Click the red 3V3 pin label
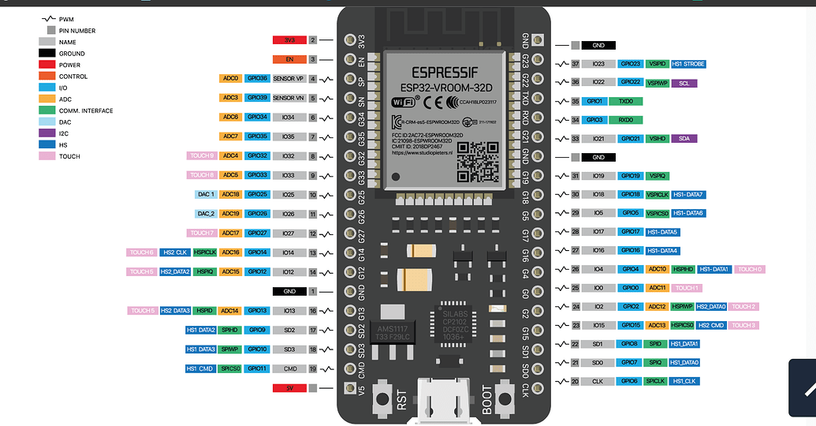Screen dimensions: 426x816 [x=289, y=39]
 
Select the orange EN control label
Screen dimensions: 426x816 [x=289, y=59]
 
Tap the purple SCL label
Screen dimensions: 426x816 [x=683, y=82]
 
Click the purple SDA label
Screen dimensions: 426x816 [x=683, y=139]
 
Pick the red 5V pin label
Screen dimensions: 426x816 [x=289, y=388]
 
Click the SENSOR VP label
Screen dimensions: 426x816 [x=289, y=79]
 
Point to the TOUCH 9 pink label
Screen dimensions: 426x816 [x=202, y=156]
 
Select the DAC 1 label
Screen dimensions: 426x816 [x=202, y=194]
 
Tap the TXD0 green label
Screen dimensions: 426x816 [x=625, y=101]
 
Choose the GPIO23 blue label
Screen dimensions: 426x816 [x=630, y=63]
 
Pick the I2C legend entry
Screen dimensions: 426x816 [x=63, y=133]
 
